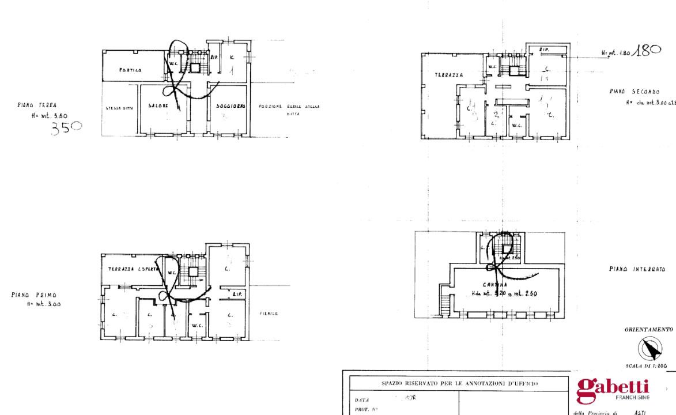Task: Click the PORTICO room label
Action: tap(131, 70)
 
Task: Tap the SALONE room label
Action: tap(157, 106)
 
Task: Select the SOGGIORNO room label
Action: tap(231, 107)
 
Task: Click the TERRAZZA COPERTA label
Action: tap(129, 269)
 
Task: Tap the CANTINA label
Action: tap(496, 284)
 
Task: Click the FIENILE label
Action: tap(269, 314)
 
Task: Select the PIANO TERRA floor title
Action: tap(37, 105)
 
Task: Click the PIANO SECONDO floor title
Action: tap(634, 92)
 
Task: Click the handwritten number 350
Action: tap(66, 127)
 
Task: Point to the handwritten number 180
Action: tap(647, 50)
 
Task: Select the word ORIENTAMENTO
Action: tap(648, 330)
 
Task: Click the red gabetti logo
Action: tap(613, 389)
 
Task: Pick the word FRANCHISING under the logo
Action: tap(632, 398)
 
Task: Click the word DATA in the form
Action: tap(362, 399)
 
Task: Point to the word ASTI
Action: tap(640, 413)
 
